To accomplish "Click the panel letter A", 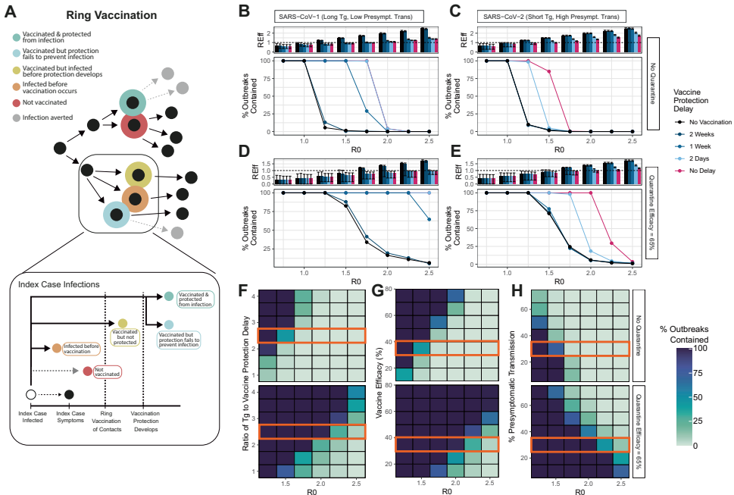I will pyautogui.click(x=13, y=14).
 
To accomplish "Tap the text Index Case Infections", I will pyautogui.click(x=59, y=284).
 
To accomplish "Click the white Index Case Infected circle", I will pyautogui.click(x=31, y=394).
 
